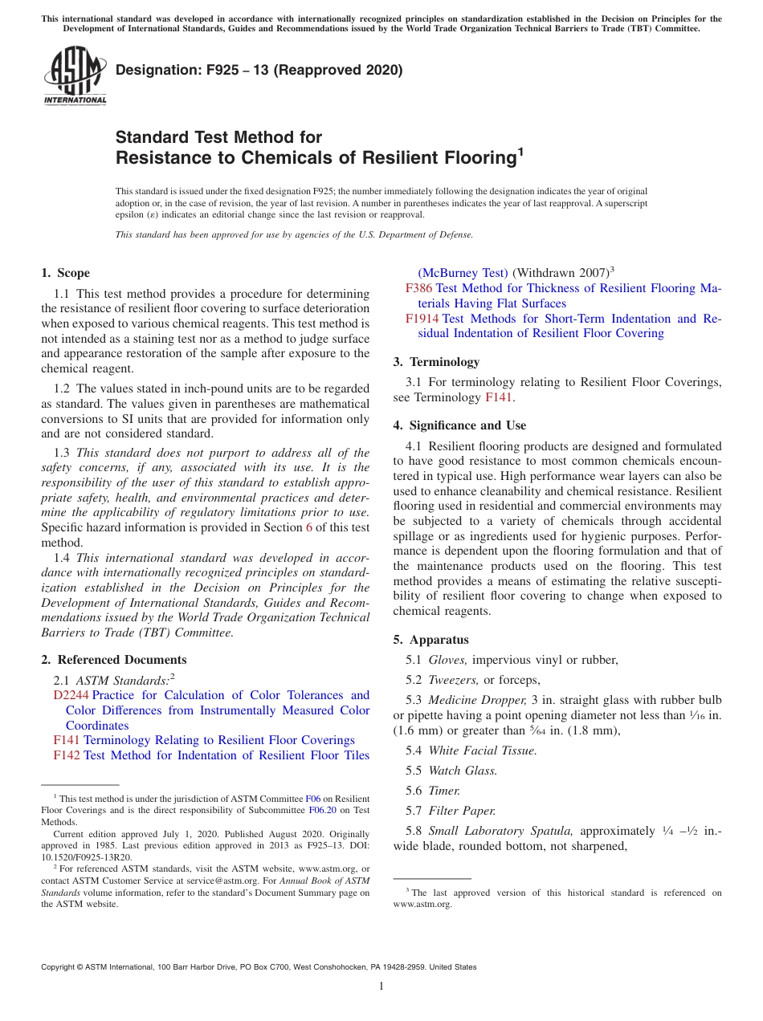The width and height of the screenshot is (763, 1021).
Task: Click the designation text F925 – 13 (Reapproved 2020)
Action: point(259,71)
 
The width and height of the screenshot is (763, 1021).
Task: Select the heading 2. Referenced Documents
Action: point(113,660)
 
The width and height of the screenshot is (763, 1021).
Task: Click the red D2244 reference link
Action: point(71,695)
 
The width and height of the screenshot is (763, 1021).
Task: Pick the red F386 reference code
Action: point(418,288)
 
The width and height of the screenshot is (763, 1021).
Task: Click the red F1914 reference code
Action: point(422,319)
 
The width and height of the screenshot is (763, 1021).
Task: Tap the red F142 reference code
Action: point(67,755)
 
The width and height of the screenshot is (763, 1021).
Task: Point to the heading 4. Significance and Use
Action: point(459,425)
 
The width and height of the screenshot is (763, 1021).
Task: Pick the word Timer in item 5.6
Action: point(444,791)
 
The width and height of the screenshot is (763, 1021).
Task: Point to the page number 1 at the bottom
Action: point(381,986)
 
